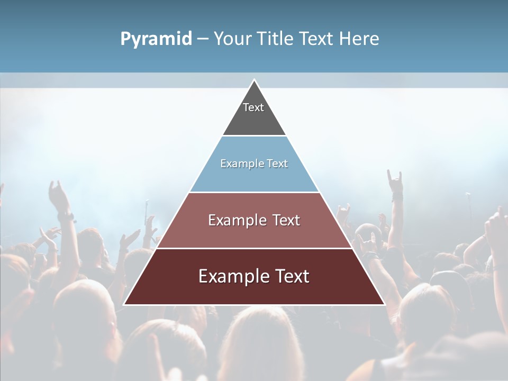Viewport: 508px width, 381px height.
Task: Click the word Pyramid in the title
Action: (156, 39)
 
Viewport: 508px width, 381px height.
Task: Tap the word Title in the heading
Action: (277, 39)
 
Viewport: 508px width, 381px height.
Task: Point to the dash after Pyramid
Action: (203, 39)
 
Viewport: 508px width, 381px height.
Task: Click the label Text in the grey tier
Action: (253, 107)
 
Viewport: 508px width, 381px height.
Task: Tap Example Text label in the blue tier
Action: (254, 164)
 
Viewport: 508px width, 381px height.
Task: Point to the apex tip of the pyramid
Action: (254, 80)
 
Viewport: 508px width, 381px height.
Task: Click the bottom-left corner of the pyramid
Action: (124, 304)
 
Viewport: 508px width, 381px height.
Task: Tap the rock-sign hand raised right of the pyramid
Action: (394, 183)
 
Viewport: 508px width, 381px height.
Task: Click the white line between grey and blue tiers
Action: (254, 135)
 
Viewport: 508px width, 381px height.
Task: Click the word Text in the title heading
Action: (317, 39)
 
